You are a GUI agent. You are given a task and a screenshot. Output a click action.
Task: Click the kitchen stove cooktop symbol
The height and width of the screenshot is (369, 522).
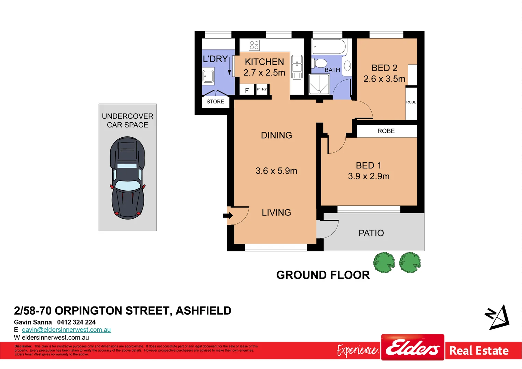coord(254,45)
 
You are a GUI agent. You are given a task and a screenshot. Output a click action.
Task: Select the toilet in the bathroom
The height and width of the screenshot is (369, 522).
coord(320,63)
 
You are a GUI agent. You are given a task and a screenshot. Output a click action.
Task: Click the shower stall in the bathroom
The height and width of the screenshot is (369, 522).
coord(319,84)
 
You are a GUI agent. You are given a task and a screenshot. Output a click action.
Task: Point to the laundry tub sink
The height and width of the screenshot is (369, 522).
coord(208,76)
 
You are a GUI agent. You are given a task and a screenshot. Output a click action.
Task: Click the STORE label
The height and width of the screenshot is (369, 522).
coord(215,101)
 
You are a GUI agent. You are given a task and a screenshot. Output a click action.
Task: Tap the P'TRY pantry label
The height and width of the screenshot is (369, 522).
coord(262,89)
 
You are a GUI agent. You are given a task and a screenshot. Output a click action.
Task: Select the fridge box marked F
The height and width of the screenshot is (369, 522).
coord(247,90)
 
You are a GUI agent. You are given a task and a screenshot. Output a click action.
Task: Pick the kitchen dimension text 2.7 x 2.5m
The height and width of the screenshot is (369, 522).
coord(264,72)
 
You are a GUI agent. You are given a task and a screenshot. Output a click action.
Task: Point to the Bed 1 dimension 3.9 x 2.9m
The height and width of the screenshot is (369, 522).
coord(369,176)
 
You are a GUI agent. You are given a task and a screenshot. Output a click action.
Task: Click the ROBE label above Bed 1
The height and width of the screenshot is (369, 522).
coord(386,131)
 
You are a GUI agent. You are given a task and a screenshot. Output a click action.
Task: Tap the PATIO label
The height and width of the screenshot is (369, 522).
coord(371,233)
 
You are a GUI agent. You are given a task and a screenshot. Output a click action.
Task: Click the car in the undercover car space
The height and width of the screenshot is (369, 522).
coord(127,178)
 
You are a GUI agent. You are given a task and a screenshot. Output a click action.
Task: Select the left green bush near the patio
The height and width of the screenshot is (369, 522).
coord(384,262)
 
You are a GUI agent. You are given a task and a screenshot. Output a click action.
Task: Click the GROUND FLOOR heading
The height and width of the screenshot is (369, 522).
coord(323,275)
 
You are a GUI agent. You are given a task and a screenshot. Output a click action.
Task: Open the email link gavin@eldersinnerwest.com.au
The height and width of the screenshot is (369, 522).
coord(66,330)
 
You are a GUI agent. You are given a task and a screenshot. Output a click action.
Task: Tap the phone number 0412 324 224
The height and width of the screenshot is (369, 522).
coord(76,322)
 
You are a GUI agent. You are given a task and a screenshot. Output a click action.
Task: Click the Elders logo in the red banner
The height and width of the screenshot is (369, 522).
coord(413,348)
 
